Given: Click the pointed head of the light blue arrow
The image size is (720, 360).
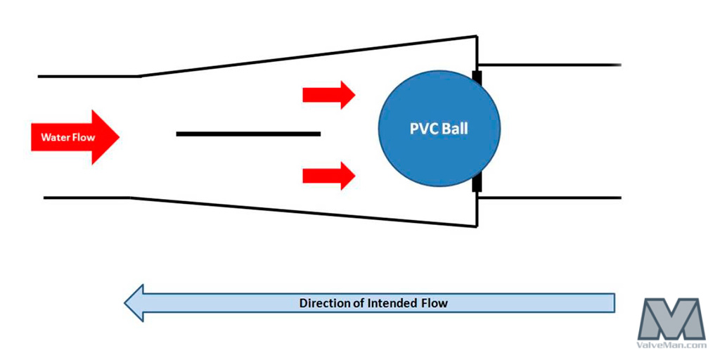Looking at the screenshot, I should (134, 303).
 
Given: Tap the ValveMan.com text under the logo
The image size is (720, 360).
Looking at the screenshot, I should (671, 345).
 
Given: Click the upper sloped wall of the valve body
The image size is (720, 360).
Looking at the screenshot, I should (309, 56).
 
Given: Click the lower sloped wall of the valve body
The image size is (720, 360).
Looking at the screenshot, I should (309, 213).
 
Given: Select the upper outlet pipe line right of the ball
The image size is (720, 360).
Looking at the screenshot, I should (548, 64).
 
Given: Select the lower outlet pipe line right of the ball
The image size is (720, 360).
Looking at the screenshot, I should (548, 198).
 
